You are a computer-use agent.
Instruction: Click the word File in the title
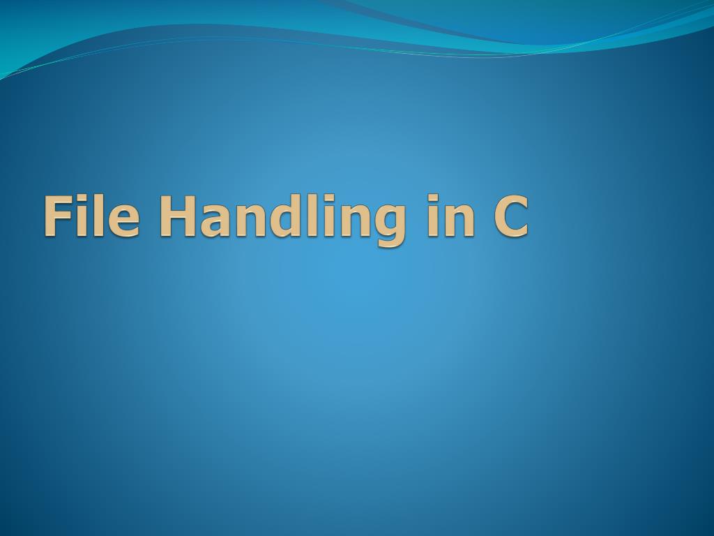click(91, 216)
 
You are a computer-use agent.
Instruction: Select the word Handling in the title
click(282, 218)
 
